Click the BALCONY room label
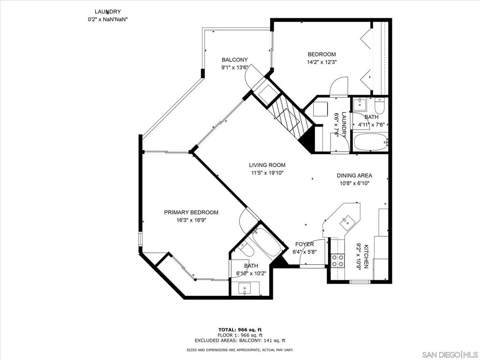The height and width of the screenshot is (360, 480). tap(235, 60)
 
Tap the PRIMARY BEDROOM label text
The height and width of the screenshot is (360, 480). tap(191, 212)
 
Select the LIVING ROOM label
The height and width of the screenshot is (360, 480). tap(267, 165)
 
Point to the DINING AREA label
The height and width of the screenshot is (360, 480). tap(354, 176)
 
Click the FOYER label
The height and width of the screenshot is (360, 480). tap(305, 244)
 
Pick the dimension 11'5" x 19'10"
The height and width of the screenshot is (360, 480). tap(267, 173)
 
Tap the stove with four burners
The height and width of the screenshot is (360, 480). tap(337, 260)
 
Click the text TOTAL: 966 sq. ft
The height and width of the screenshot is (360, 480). tap(240, 330)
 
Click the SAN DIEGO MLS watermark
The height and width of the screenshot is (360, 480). tap(450, 354)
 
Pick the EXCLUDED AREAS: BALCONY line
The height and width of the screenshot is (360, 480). tap(240, 340)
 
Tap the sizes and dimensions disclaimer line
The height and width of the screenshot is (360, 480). tap(240, 350)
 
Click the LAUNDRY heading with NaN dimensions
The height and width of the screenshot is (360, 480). tap(107, 12)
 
